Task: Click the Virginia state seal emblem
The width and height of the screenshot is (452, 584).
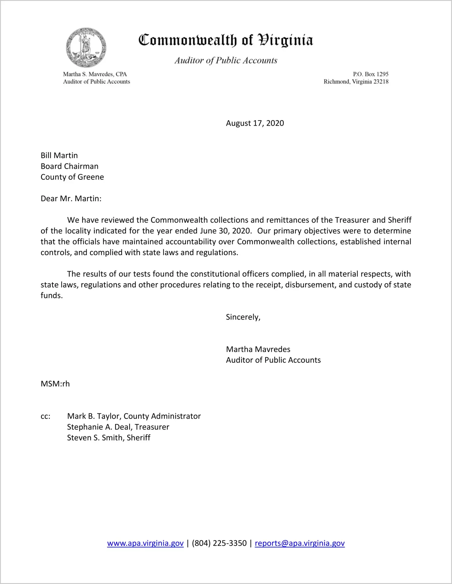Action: tap(86, 48)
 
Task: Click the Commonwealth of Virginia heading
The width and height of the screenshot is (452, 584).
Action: tap(226, 40)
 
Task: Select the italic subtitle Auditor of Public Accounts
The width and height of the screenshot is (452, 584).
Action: tap(226, 60)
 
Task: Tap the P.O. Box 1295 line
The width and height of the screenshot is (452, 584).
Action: tap(370, 74)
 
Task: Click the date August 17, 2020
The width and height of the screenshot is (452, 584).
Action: tap(255, 123)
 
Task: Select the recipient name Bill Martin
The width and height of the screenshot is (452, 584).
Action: tap(59, 155)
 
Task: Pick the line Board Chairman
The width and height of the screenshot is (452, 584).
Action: tap(70, 166)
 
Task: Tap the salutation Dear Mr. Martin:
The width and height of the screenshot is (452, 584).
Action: tap(71, 199)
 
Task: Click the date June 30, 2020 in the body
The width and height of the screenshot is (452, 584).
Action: tap(225, 231)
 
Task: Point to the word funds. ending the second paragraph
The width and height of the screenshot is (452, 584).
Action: tap(52, 295)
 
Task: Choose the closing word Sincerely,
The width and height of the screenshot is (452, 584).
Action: tap(243, 317)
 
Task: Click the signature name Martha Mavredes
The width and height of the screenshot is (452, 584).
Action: tap(258, 349)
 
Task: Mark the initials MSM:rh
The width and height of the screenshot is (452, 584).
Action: tap(55, 384)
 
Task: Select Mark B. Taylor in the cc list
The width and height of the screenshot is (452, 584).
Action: tap(94, 416)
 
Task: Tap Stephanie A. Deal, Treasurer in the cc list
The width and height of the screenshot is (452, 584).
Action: tap(118, 427)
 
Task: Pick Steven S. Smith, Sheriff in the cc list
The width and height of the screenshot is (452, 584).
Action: tap(109, 438)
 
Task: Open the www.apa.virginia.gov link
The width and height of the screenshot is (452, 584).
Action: tap(145, 543)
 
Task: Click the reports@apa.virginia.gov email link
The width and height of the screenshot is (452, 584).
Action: tap(300, 543)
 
